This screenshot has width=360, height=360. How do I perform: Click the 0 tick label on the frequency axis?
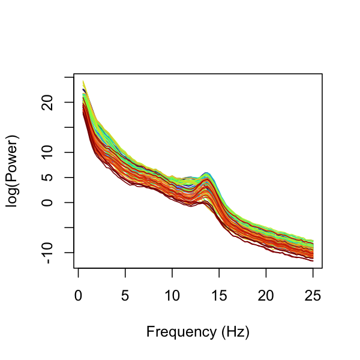coord(78,296)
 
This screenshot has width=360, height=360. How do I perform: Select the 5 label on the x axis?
coord(125,296)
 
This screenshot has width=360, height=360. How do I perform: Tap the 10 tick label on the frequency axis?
coord(172,296)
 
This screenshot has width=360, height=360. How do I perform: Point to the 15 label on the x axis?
coord(219,296)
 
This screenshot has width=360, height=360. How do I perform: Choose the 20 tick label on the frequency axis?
coord(266,296)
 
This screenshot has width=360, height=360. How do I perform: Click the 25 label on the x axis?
coord(313,296)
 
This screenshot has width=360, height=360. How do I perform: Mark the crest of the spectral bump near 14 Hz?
coord(206,173)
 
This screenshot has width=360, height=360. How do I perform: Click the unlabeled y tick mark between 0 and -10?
coord(70,227)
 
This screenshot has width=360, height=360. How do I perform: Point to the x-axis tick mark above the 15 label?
coord(219,272)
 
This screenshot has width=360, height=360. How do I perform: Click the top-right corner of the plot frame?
coord(323,74)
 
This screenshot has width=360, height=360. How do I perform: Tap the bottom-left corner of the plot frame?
coord(74,268)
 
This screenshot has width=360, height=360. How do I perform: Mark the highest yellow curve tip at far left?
coord(83,81)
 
